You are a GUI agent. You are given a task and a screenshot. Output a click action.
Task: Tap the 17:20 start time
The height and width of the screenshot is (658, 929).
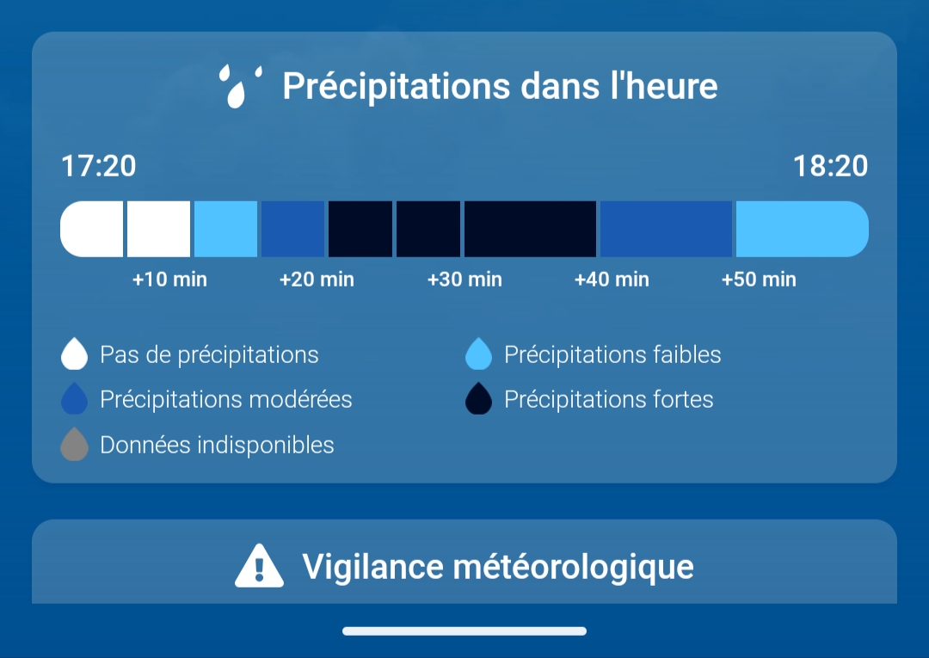coord(98,166)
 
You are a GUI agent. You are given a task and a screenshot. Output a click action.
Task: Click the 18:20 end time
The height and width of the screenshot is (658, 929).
coord(830,166)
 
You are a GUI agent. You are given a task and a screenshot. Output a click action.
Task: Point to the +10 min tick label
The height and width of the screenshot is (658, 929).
coord(169,279)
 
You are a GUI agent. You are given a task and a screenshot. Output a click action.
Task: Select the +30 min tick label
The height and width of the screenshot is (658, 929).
coord(464,279)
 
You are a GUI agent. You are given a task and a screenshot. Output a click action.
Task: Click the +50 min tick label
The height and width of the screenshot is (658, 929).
coord(759,279)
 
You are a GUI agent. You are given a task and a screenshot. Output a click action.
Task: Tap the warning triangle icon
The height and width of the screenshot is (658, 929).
coord(259,566)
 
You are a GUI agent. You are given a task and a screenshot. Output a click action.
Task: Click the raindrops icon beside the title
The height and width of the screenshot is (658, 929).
coord(240,87)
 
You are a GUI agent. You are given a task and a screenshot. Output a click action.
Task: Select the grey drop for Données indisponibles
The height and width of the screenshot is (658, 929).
coord(74,445)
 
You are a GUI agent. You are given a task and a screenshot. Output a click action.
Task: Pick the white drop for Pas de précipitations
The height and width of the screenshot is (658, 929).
coord(74,354)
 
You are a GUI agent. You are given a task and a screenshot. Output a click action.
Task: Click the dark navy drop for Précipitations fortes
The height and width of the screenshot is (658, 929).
coord(479,398)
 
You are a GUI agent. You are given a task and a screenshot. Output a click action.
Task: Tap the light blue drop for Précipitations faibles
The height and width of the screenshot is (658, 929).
coord(479,354)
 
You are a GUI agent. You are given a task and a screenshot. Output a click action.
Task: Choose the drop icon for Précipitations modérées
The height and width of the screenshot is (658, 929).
coord(74,398)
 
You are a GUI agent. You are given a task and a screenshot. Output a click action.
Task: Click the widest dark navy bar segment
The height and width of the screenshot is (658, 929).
coord(530,229)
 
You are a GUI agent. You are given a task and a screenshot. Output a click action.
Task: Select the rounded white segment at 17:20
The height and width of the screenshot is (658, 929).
coord(92,229)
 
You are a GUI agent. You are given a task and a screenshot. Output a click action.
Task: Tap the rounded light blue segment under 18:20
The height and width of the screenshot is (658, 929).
coord(803,229)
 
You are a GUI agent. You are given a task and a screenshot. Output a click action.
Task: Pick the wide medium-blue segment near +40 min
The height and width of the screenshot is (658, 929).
coord(666,229)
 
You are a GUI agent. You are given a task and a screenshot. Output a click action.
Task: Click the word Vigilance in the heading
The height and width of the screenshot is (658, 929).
coord(372,567)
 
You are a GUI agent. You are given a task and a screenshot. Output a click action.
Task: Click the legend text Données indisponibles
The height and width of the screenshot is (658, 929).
coord(217,445)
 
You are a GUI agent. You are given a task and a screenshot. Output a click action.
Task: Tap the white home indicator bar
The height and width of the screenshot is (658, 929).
coord(464,631)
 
